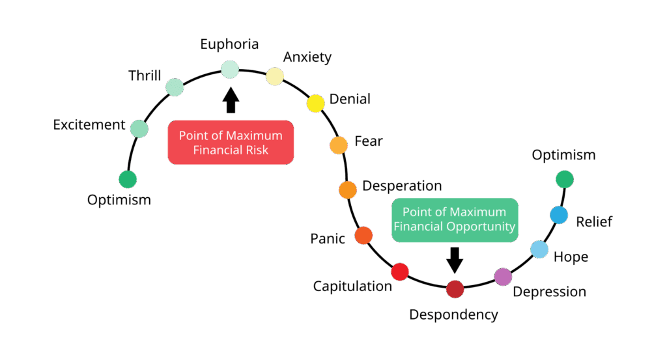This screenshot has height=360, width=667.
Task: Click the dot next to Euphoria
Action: (x=230, y=69)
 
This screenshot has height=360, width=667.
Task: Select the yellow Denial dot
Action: (x=315, y=103)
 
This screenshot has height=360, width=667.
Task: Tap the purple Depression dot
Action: (x=503, y=277)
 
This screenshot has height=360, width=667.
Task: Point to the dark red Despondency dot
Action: (x=455, y=288)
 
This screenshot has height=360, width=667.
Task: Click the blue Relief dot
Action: (x=559, y=215)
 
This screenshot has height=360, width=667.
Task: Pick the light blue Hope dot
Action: (x=539, y=249)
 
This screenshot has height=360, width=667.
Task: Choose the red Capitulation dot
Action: (x=399, y=271)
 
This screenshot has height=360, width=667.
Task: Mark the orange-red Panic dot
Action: (x=363, y=235)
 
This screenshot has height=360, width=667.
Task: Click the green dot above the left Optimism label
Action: (x=128, y=179)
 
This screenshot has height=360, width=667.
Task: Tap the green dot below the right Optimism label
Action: (x=564, y=178)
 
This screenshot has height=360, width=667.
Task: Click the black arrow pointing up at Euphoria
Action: (x=231, y=101)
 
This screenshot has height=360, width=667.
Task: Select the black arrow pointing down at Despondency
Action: (x=455, y=258)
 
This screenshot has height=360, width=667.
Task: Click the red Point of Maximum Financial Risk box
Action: (x=231, y=143)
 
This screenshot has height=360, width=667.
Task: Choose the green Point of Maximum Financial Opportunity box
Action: (x=455, y=220)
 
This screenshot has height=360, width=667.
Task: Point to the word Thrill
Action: (x=144, y=76)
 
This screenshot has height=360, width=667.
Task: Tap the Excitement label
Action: (x=89, y=124)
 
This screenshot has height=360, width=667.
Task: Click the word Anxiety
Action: (x=307, y=57)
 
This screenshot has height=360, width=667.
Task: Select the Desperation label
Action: (x=402, y=186)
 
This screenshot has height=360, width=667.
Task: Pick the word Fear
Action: (x=368, y=141)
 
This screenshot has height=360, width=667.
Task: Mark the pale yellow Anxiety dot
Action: (x=275, y=76)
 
